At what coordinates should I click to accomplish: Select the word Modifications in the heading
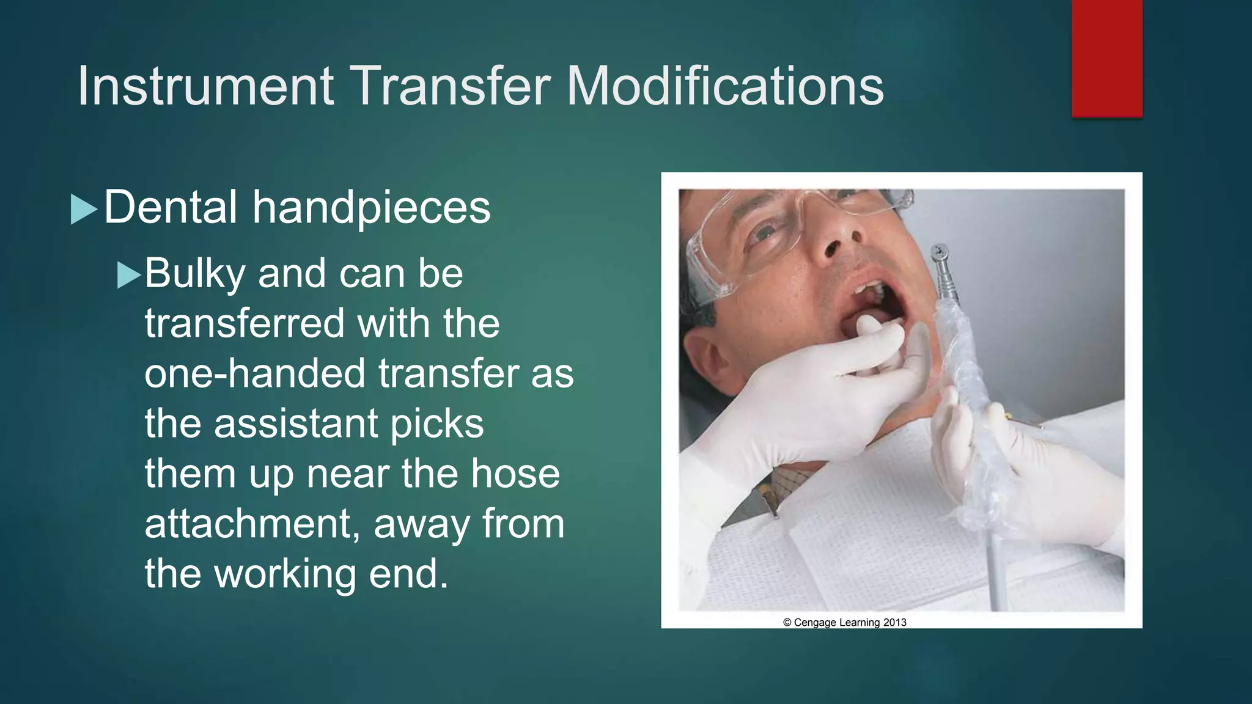(725, 86)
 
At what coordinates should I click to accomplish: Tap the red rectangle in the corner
(1107, 58)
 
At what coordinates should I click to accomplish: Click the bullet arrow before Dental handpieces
(84, 209)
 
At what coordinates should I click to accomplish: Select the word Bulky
(194, 274)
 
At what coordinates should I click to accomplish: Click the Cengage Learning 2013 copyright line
(844, 623)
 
